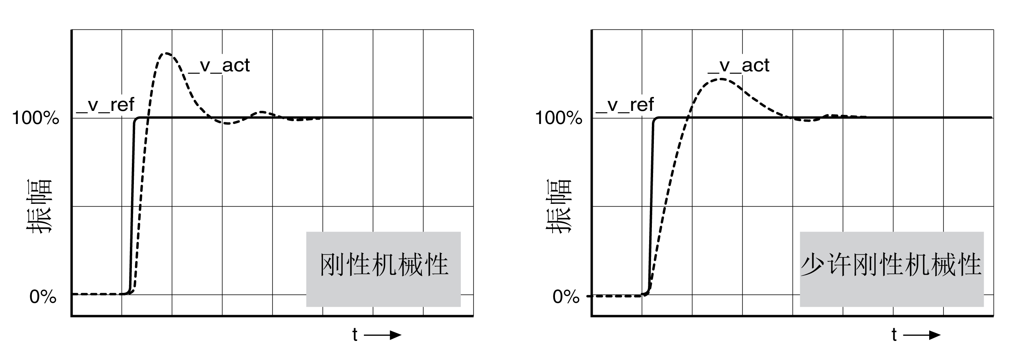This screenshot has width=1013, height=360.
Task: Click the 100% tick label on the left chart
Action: (36, 118)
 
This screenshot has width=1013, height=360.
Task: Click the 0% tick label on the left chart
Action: (43, 297)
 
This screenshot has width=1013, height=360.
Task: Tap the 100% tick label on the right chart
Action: (559, 118)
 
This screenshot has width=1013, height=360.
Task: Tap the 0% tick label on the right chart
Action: (566, 297)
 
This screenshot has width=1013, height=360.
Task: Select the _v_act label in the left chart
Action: (219, 66)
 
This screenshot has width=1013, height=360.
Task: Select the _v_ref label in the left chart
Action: (105, 105)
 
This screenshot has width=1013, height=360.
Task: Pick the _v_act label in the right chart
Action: (738, 66)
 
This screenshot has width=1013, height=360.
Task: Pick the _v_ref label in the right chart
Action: (625, 105)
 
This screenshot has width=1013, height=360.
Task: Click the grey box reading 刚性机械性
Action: (383, 269)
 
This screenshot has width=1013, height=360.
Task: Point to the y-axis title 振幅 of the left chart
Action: (39, 207)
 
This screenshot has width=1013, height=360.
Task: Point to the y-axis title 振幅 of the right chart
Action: (559, 207)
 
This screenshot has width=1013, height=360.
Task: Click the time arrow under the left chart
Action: (383, 335)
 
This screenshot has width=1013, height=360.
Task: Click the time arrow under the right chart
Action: (922, 335)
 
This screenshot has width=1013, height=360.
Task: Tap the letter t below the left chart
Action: (355, 335)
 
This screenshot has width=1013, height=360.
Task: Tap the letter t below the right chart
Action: (894, 335)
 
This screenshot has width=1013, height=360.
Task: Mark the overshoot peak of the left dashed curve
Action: (166, 53)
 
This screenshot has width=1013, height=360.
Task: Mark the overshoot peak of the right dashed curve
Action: (720, 79)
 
